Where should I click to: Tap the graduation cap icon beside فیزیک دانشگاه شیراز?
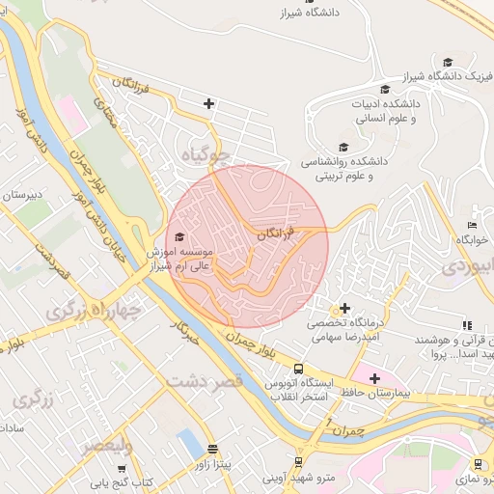[447, 61]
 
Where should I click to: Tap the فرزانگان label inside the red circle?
[278, 233]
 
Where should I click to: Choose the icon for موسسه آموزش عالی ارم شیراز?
[178, 235]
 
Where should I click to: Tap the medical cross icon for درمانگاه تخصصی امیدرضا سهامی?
[345, 308]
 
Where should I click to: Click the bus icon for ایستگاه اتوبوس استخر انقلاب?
[298, 369]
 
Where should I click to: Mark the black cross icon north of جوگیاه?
[208, 103]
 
